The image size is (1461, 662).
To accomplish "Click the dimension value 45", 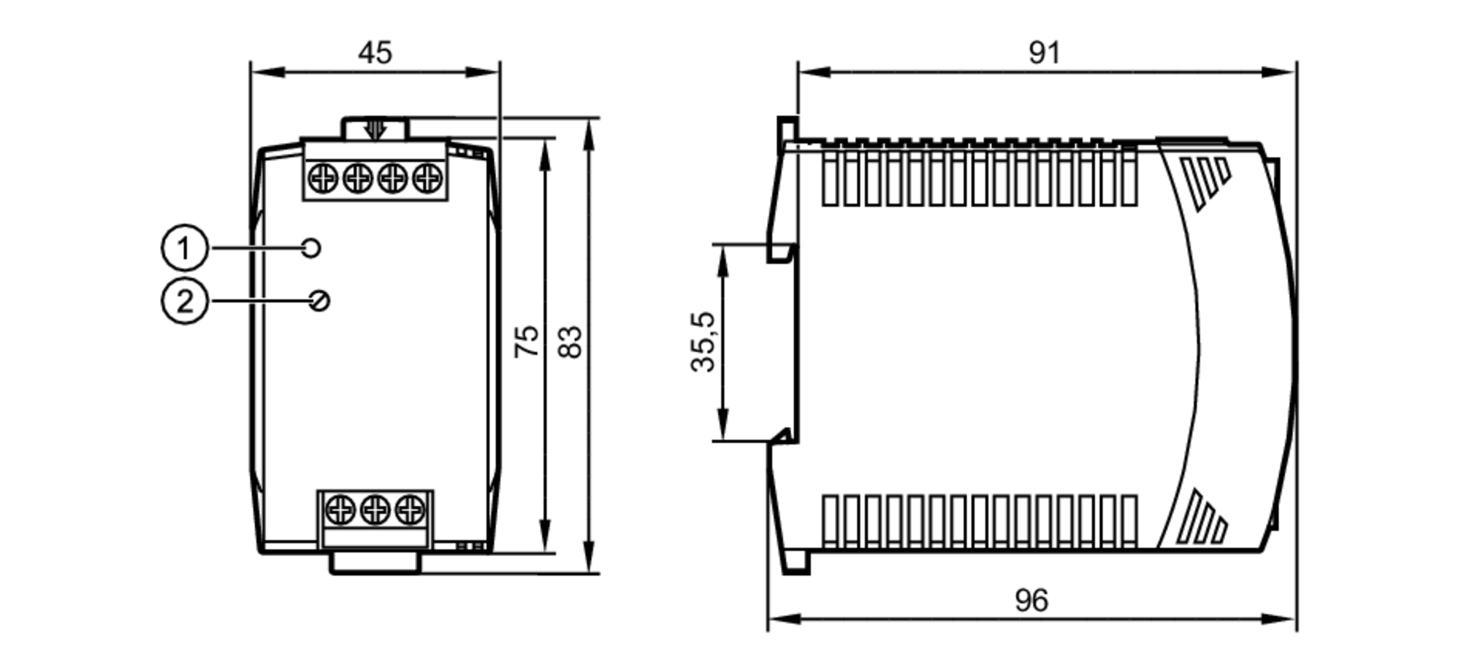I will [375, 53].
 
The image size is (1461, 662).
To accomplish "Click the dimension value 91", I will [1044, 53].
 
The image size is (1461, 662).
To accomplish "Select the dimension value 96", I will [1031, 600].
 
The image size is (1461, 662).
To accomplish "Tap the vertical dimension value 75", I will [527, 341].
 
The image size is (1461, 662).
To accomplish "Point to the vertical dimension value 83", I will [571, 342].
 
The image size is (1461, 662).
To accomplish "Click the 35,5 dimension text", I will [703, 342].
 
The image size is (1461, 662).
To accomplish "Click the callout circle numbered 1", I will [184, 248].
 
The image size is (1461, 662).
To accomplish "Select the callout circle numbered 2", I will [184, 301].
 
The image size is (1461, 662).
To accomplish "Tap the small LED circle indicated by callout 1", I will [310, 248].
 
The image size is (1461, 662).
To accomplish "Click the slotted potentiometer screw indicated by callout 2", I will [319, 301].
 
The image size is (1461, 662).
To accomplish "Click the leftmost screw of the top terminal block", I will [323, 177].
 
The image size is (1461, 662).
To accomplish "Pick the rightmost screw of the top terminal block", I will [427, 177].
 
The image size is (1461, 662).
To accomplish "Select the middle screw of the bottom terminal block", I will [375, 509].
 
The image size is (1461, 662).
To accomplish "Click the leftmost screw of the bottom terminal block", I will [340, 509].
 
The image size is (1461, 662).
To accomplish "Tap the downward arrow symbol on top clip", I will [375, 130].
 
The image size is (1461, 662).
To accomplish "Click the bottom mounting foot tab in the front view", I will [375, 563].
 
